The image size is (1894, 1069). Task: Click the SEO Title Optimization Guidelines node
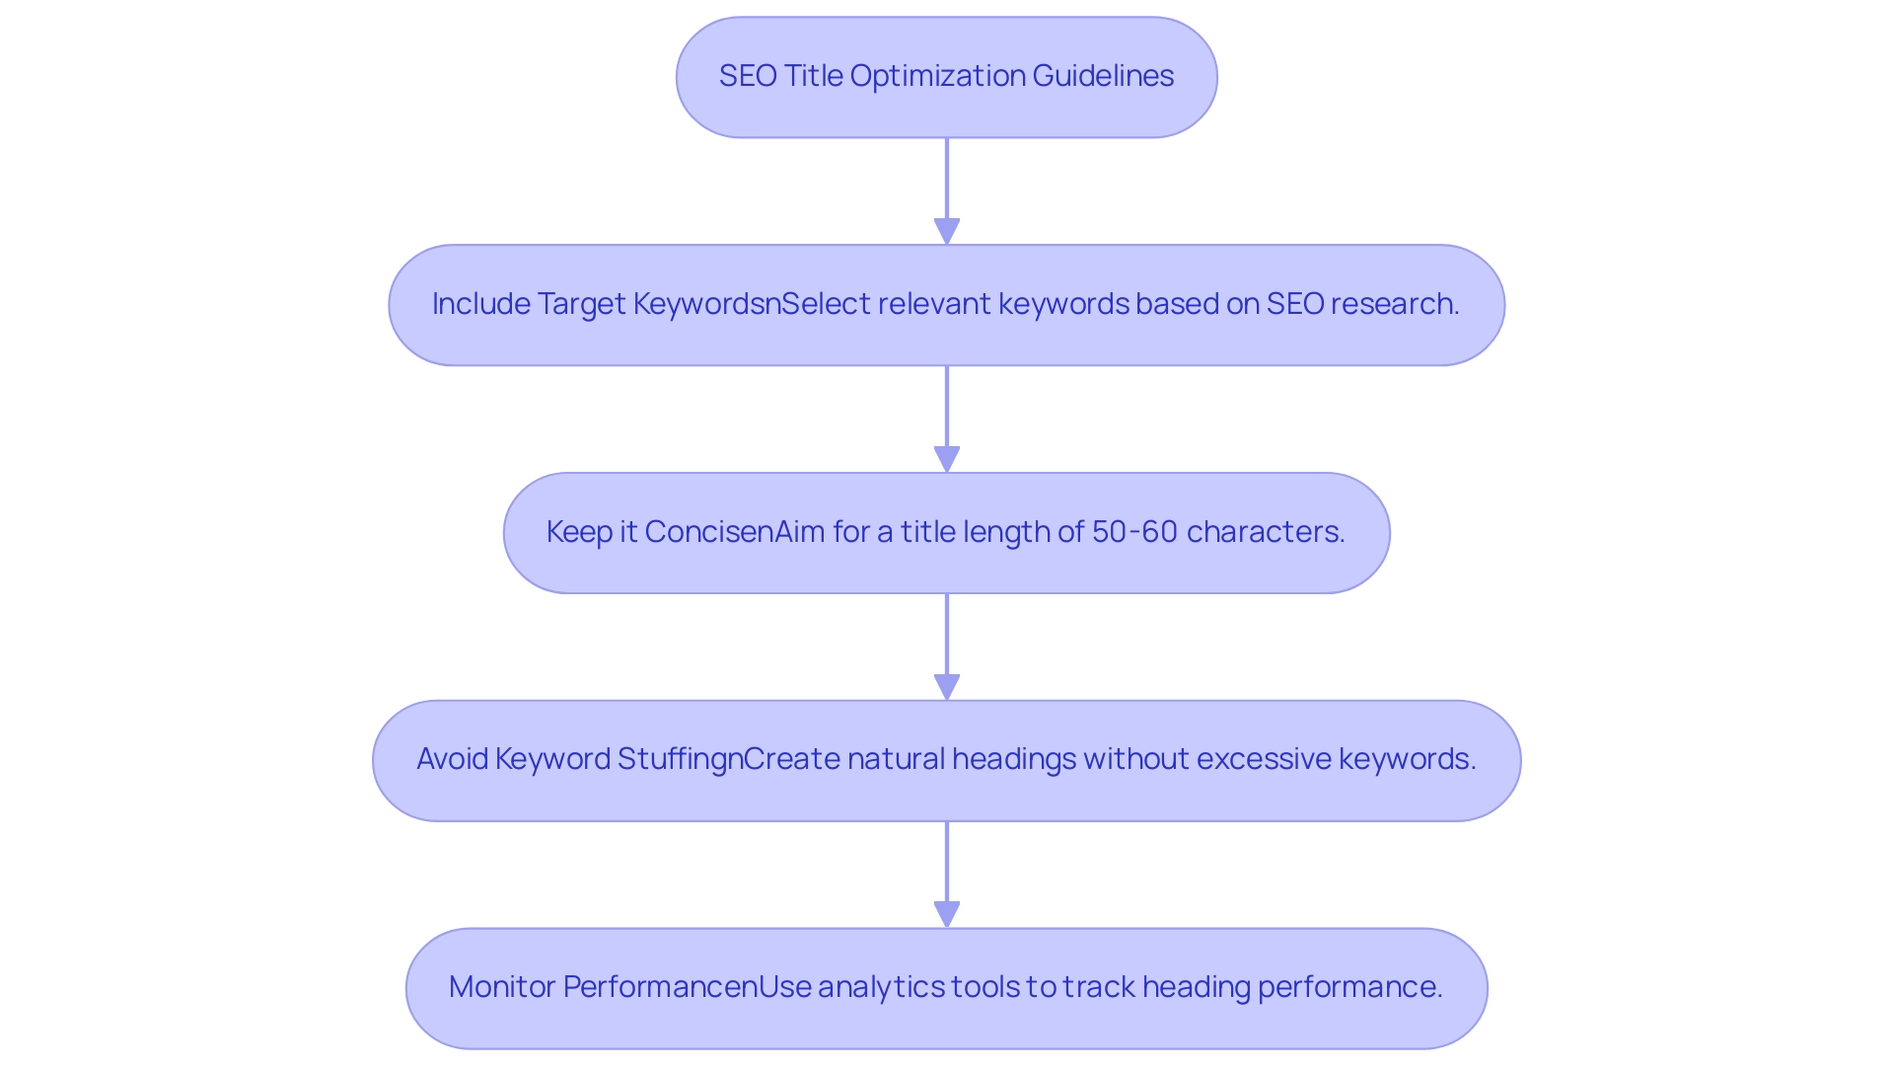click(946, 77)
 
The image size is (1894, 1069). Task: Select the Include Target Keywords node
click(946, 305)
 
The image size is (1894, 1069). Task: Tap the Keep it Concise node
click(946, 533)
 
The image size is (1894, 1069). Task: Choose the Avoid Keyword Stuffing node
click(946, 761)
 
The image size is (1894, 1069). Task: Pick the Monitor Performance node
click(946, 988)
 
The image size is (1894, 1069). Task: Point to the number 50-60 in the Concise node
click(1134, 532)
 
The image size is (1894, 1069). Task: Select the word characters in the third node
click(1265, 532)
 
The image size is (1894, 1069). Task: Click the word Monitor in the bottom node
click(502, 987)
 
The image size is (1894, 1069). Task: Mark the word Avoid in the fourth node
click(452, 759)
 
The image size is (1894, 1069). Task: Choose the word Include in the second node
click(481, 304)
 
